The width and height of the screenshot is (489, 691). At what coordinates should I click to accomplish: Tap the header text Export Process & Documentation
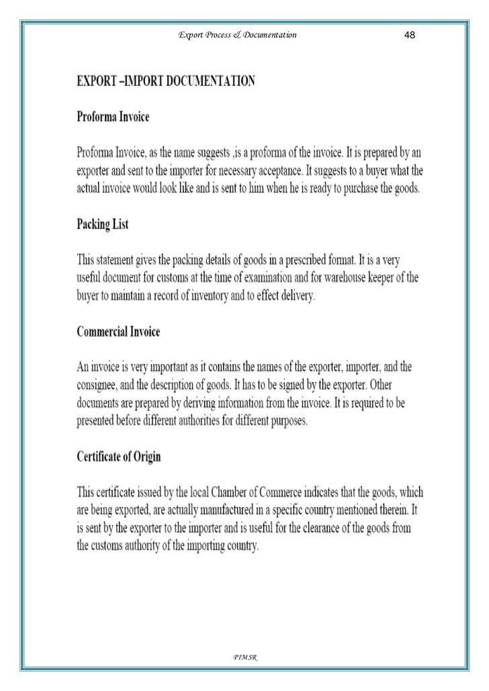pyautogui.click(x=237, y=34)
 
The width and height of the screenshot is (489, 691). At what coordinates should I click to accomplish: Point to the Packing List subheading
pyautogui.click(x=101, y=225)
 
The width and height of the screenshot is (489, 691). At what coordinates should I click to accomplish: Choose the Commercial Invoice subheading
pyautogui.click(x=118, y=332)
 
